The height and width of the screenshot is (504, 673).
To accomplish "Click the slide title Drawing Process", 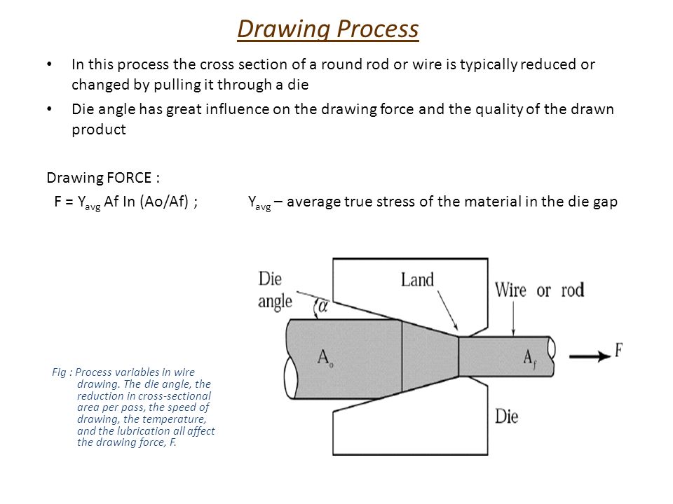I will click(328, 29).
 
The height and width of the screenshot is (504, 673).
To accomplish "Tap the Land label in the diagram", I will click(417, 280).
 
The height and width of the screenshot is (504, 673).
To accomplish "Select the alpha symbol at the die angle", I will click(322, 306).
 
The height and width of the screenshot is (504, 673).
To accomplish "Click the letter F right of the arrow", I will click(618, 351).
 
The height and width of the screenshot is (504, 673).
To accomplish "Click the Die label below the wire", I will click(506, 416).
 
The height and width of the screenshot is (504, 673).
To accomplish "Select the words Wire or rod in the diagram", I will click(539, 289).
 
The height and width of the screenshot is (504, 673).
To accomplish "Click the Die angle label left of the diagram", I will click(271, 290).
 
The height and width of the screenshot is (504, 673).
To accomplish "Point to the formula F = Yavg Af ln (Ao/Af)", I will click(125, 202).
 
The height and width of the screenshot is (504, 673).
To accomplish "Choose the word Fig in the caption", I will click(59, 372).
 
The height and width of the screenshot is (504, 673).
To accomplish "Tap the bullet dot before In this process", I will click(48, 65).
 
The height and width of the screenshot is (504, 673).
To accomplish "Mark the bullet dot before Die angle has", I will click(48, 110).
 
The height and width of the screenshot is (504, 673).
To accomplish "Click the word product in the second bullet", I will click(98, 130).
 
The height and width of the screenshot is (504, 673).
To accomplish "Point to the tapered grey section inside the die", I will click(429, 356).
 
